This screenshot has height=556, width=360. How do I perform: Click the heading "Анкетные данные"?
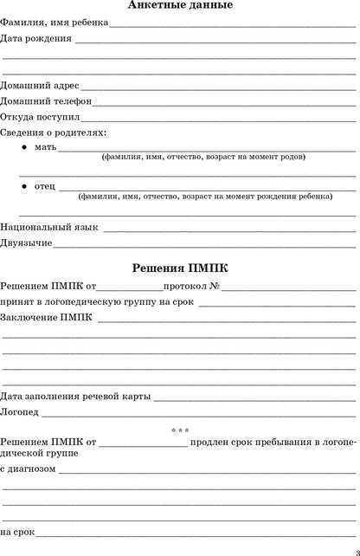click(179, 6)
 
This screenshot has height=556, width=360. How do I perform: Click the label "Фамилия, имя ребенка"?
click(55, 23)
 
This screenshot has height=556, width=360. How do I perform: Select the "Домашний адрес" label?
click(40, 86)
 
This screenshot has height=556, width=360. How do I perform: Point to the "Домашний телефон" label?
click(46, 101)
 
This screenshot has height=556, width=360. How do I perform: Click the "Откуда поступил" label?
click(41, 117)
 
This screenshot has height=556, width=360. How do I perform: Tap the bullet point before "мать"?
click(23, 148)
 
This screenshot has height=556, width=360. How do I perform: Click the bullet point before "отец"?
click(23, 186)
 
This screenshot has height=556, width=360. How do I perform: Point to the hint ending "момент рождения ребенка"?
click(204, 197)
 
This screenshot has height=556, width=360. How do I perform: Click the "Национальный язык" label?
click(49, 227)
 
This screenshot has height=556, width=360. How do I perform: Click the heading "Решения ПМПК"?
click(179, 268)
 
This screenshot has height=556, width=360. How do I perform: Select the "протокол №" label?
click(194, 286)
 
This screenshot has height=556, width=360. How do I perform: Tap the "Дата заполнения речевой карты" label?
click(75, 396)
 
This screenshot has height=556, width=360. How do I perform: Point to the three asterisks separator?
click(180, 431)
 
